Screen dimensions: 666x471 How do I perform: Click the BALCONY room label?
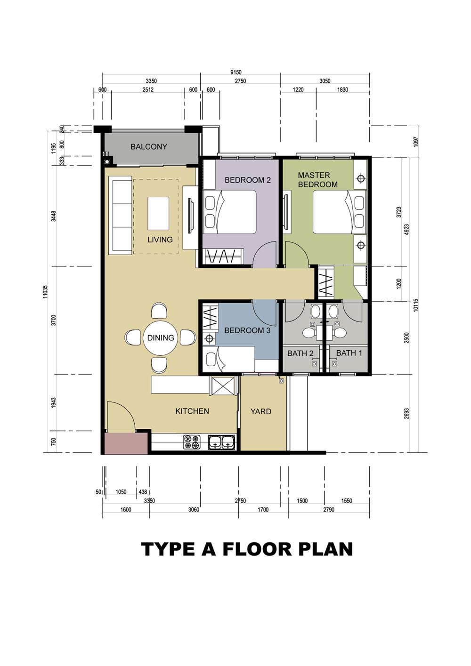pyautogui.click(x=149, y=147)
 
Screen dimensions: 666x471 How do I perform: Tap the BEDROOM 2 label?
pyautogui.click(x=247, y=180)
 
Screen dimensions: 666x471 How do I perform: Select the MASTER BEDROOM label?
pyautogui.click(x=317, y=180)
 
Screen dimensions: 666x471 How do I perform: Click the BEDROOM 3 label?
pyautogui.click(x=247, y=330)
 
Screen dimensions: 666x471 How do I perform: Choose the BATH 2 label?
pyautogui.click(x=300, y=353)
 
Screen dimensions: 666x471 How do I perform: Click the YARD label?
pyautogui.click(x=260, y=411)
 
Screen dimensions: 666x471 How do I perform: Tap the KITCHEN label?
pyautogui.click(x=192, y=411)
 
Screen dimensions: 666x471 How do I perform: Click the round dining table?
pyautogui.click(x=161, y=338)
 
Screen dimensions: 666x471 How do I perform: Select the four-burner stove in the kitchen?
pyautogui.click(x=192, y=442)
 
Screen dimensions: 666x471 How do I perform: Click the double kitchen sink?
pyautogui.click(x=221, y=442)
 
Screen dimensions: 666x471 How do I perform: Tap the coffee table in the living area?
pyautogui.click(x=158, y=213)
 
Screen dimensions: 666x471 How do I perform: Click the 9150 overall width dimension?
pyautogui.click(x=235, y=72)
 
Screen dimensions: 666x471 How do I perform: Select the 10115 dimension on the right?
pyautogui.click(x=415, y=305)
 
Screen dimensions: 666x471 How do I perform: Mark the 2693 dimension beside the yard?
pyautogui.click(x=407, y=413)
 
